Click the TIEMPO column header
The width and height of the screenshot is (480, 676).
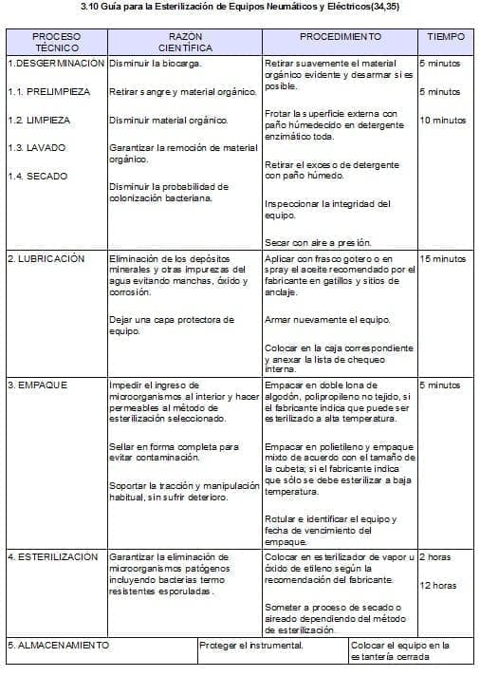(446, 36)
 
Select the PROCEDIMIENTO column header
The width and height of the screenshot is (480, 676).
(341, 36)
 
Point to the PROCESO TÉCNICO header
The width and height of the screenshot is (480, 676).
(56, 42)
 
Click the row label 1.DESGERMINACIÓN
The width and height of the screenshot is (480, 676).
(55, 64)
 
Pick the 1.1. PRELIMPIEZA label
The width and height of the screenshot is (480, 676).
(48, 92)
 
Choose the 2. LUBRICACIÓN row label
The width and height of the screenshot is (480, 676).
(46, 258)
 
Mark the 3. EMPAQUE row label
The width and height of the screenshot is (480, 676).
(37, 385)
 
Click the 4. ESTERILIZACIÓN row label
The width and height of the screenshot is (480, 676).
(52, 556)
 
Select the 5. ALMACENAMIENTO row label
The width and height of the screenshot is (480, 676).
(58, 646)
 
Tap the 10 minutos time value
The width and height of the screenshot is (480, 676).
(443, 121)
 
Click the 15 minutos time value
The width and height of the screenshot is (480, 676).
(443, 258)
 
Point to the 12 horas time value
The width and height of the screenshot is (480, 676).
(437, 586)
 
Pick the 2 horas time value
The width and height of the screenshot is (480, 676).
(434, 556)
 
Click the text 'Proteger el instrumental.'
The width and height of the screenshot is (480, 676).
(251, 646)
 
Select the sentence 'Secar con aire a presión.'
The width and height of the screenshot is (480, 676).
(317, 242)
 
